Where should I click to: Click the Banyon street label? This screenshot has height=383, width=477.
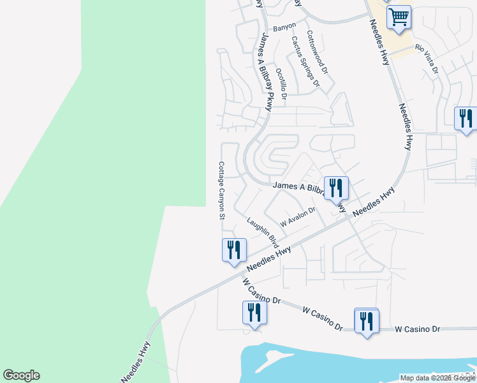[x=284, y=27]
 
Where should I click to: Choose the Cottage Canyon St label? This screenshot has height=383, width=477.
[x=222, y=190]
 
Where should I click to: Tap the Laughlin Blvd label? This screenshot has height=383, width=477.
[x=263, y=233]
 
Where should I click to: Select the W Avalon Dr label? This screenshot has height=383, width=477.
[x=298, y=217]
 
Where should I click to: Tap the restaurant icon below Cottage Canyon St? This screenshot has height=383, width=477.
[x=234, y=250]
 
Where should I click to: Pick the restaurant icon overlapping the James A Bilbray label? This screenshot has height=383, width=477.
[x=336, y=188]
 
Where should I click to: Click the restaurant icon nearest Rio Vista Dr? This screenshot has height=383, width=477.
[x=466, y=119]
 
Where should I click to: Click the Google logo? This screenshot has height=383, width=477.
[x=21, y=375]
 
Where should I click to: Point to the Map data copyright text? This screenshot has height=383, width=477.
[x=437, y=378]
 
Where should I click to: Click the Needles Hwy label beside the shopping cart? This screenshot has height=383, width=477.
[x=379, y=41]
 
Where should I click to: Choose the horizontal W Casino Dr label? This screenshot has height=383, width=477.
[x=418, y=329]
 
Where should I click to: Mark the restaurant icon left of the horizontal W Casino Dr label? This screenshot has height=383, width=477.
[x=366, y=320]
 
